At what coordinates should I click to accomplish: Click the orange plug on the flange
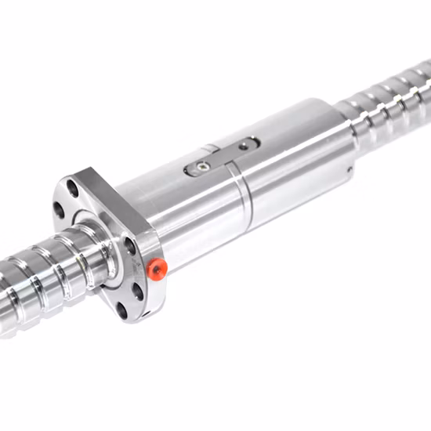click(157, 270)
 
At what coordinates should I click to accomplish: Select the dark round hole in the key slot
click(246, 144)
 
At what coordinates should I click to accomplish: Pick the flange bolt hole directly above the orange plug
click(130, 244)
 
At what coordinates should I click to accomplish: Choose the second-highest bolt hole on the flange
click(59, 209)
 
